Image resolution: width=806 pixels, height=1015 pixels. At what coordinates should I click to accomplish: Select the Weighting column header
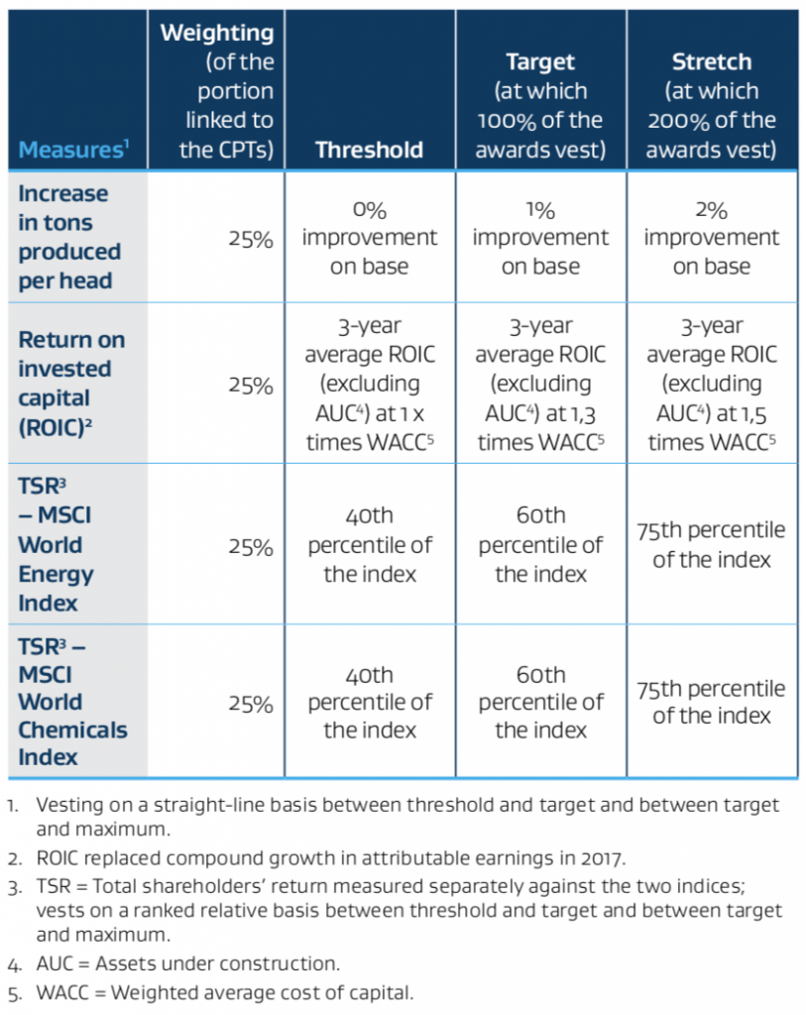(216, 90)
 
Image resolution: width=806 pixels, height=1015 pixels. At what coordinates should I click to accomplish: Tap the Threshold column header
(369, 150)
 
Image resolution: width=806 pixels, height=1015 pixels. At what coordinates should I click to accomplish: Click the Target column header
(540, 106)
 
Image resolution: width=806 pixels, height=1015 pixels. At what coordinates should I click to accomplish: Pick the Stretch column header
(711, 106)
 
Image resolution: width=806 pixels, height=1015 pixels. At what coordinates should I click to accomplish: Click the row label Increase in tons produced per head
(69, 237)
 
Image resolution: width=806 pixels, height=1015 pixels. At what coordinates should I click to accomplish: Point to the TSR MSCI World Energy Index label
(59, 544)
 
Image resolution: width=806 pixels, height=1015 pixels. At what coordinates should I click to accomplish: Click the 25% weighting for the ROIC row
(249, 386)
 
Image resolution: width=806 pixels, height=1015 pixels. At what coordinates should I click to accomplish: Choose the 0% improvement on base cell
(369, 238)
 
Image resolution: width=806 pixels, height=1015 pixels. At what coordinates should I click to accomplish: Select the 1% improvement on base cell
(540, 238)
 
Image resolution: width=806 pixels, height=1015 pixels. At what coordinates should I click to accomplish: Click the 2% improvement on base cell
(711, 238)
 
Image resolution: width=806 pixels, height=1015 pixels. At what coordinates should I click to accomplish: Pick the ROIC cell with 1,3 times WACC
(540, 385)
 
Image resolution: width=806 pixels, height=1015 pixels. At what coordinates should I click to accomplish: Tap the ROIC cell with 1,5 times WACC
(711, 385)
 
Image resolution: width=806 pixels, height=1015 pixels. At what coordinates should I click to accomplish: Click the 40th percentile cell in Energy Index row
(369, 544)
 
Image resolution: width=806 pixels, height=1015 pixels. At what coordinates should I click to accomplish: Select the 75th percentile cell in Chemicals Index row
(711, 702)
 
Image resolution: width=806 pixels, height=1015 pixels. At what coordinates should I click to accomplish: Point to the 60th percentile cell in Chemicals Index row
(540, 702)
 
